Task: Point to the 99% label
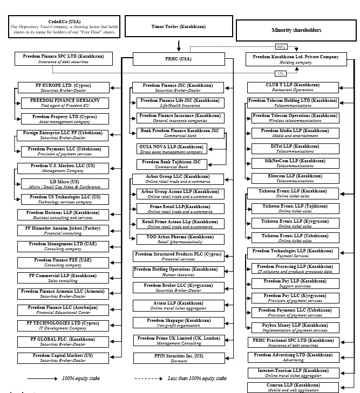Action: coord(280,46)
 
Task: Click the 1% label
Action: coord(280,73)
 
